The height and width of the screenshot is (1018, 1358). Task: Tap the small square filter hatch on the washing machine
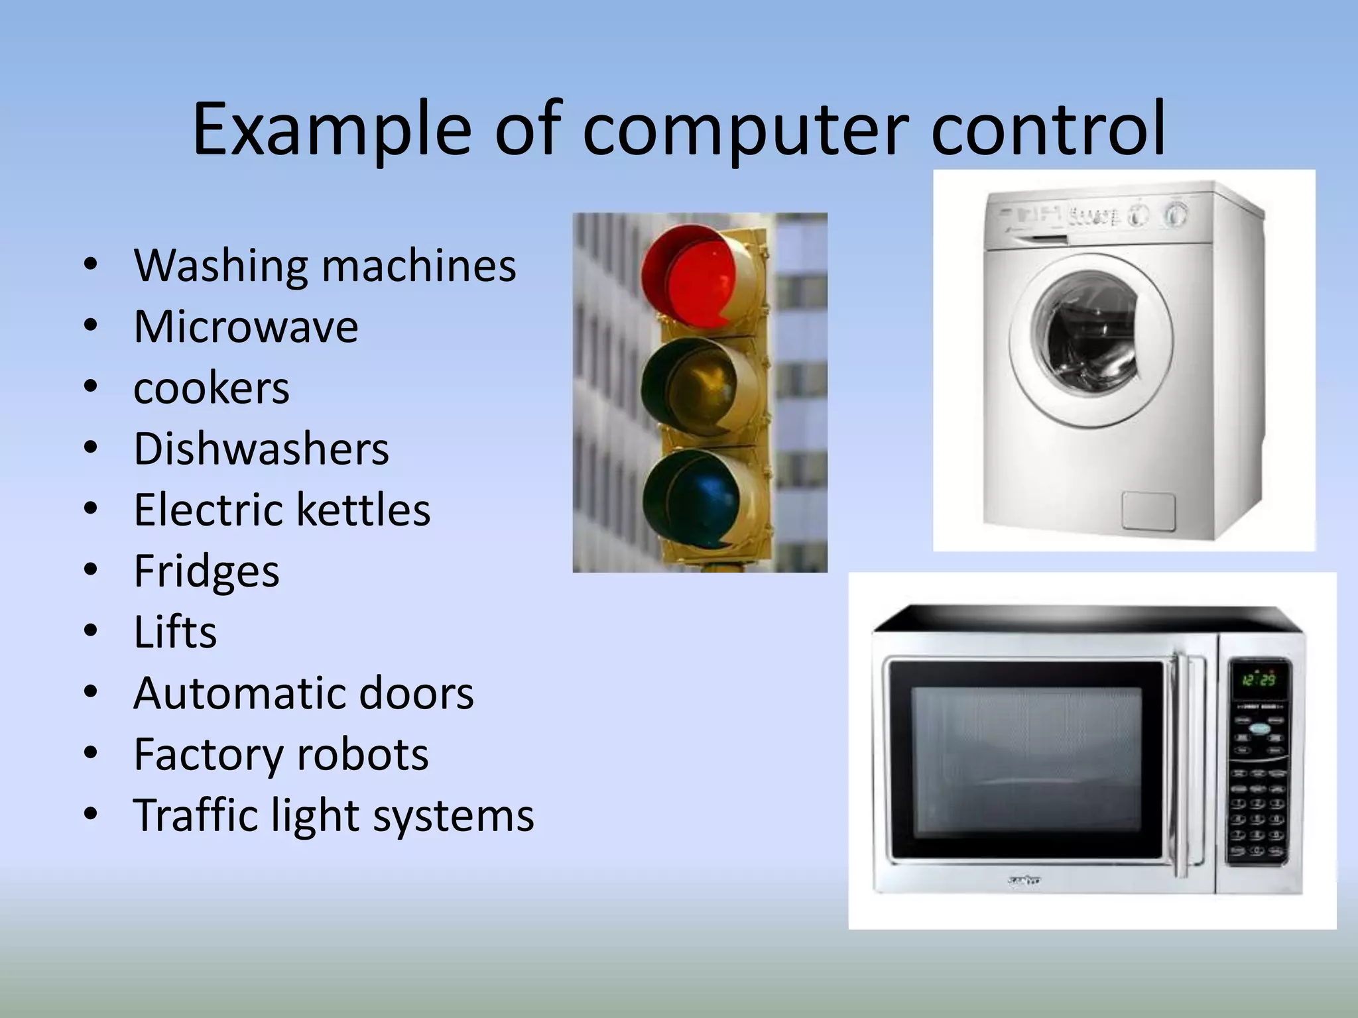pyautogui.click(x=1148, y=511)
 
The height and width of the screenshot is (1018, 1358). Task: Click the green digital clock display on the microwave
pyautogui.click(x=1259, y=680)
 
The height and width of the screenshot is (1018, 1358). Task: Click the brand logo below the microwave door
pyautogui.click(x=1024, y=881)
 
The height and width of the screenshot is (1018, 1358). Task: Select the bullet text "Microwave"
pyautogui.click(x=245, y=327)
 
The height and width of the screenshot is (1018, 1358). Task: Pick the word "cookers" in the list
pyautogui.click(x=212, y=388)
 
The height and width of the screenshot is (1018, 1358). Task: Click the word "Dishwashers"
pyautogui.click(x=261, y=449)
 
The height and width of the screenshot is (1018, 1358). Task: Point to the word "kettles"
pyautogui.click(x=362, y=510)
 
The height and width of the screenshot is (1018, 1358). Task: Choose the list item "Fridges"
pyautogui.click(x=206, y=571)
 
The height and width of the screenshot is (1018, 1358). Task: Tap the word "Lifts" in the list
pyautogui.click(x=175, y=632)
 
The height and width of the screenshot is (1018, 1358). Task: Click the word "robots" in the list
pyautogui.click(x=362, y=754)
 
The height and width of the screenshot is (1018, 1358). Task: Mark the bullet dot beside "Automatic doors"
pyautogui.click(x=91, y=693)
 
